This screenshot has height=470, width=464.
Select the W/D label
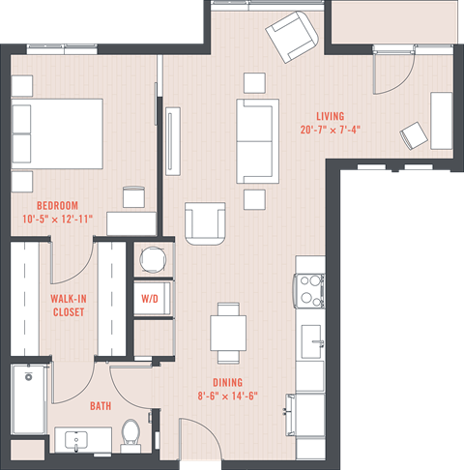150,299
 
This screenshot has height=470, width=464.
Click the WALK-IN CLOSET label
68,306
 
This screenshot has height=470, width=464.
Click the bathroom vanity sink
77,441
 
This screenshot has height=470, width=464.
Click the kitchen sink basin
311,340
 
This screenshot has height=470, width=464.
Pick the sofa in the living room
256,140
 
